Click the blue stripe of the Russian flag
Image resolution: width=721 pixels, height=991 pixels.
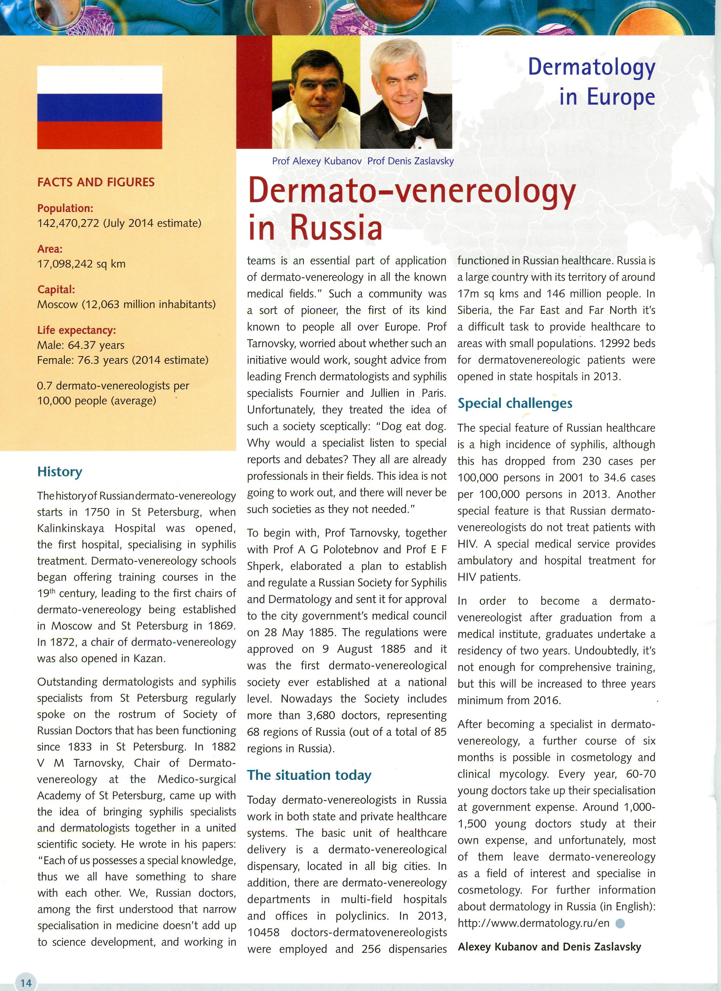point(99,107)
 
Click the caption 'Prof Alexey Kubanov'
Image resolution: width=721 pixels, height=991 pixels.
point(317,161)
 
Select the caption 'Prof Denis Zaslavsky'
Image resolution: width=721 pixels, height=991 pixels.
point(411,161)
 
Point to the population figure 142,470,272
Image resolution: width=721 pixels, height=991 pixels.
point(68,223)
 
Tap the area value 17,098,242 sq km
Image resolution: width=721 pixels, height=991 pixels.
point(81,264)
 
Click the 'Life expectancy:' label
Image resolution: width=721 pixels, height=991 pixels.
point(76,330)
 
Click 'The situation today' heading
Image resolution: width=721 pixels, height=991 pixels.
point(309,775)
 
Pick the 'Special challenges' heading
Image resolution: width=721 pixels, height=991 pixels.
point(515,403)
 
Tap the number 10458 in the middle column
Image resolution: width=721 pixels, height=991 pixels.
point(263,932)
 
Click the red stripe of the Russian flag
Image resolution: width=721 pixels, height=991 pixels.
point(99,136)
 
